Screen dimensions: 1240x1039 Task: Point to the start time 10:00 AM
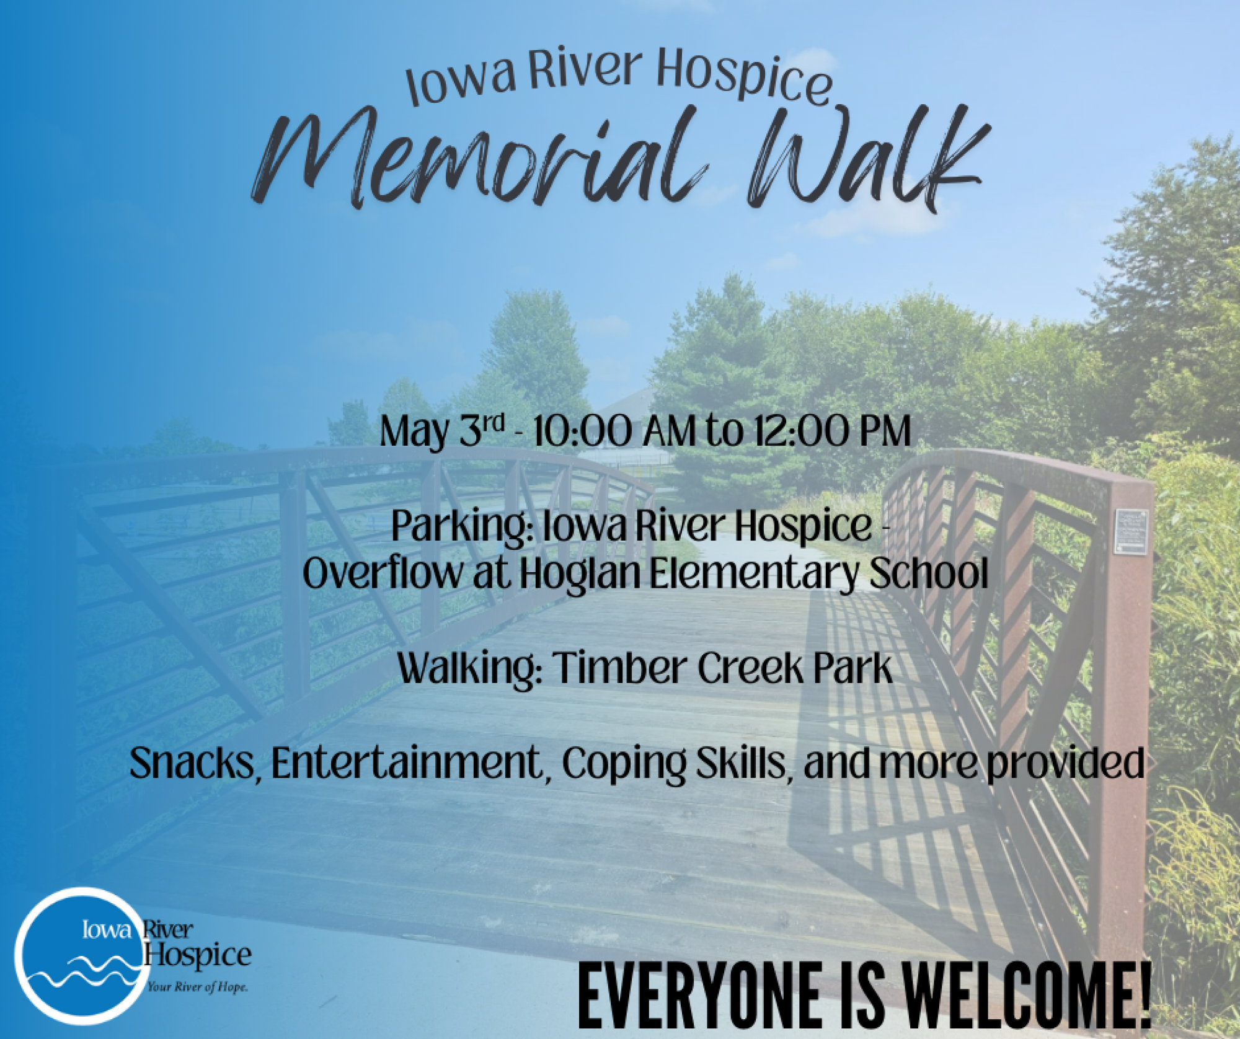[614, 431]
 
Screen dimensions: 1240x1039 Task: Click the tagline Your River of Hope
[197, 987]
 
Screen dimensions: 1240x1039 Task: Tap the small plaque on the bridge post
[1131, 531]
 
